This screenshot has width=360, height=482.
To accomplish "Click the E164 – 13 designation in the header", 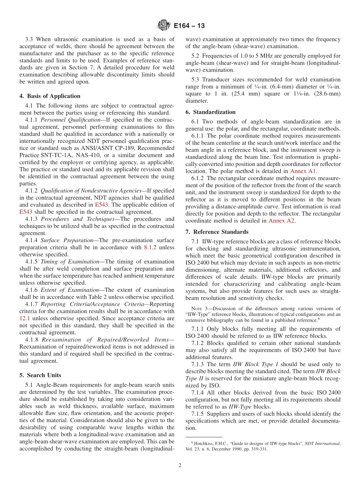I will tap(189, 26).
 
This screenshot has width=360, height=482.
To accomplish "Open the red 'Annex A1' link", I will tap(303, 171).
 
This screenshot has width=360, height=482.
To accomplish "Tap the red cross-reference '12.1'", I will tap(25, 318).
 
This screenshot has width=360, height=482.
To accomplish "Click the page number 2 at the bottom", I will tap(180, 465).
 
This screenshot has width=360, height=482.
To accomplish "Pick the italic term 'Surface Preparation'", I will tap(67, 240).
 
